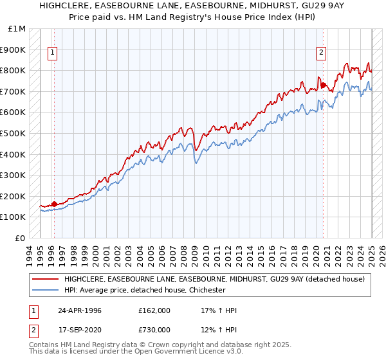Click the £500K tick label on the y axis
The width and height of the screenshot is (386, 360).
coord(13,133)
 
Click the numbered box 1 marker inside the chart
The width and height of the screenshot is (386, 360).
coord(53,53)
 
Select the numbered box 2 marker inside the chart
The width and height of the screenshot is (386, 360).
coord(321,53)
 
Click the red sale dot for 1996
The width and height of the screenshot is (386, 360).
coord(54,204)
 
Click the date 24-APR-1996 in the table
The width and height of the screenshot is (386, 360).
coord(80,310)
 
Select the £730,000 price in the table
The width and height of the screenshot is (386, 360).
coord(154,330)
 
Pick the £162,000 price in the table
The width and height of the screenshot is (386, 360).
coord(154,310)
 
